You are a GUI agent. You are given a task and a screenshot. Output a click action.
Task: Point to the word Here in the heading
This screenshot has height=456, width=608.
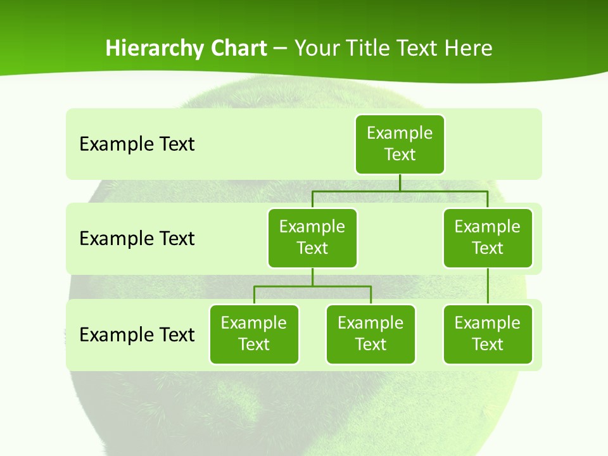[x=469, y=49]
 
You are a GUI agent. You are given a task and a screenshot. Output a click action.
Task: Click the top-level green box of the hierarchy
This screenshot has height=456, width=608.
[x=400, y=144]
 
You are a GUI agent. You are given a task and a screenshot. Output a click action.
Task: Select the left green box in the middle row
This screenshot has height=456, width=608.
[x=312, y=237]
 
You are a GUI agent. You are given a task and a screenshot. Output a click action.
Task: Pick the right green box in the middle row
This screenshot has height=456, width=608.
[x=488, y=237]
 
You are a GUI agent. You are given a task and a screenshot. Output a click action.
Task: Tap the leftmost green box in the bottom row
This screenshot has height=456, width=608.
[x=254, y=334]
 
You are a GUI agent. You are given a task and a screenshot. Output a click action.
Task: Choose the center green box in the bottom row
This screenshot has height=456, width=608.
[x=370, y=334]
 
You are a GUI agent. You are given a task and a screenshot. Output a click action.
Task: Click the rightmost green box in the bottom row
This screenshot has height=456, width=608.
[x=488, y=334]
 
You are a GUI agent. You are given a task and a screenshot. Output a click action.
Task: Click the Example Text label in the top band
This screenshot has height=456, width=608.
[x=137, y=144]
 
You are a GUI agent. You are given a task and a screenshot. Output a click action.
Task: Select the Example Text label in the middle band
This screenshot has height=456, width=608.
[x=137, y=239]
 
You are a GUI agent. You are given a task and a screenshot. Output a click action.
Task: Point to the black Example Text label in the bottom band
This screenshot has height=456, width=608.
[x=137, y=334]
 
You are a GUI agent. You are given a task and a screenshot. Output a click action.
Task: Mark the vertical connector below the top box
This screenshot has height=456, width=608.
[x=400, y=182]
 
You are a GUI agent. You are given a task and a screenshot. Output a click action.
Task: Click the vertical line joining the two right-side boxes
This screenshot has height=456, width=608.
[x=488, y=286]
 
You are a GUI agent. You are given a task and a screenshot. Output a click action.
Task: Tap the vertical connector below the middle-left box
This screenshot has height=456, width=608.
[x=312, y=277]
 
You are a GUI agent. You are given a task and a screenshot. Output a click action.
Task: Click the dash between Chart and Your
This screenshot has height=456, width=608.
[x=281, y=49]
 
